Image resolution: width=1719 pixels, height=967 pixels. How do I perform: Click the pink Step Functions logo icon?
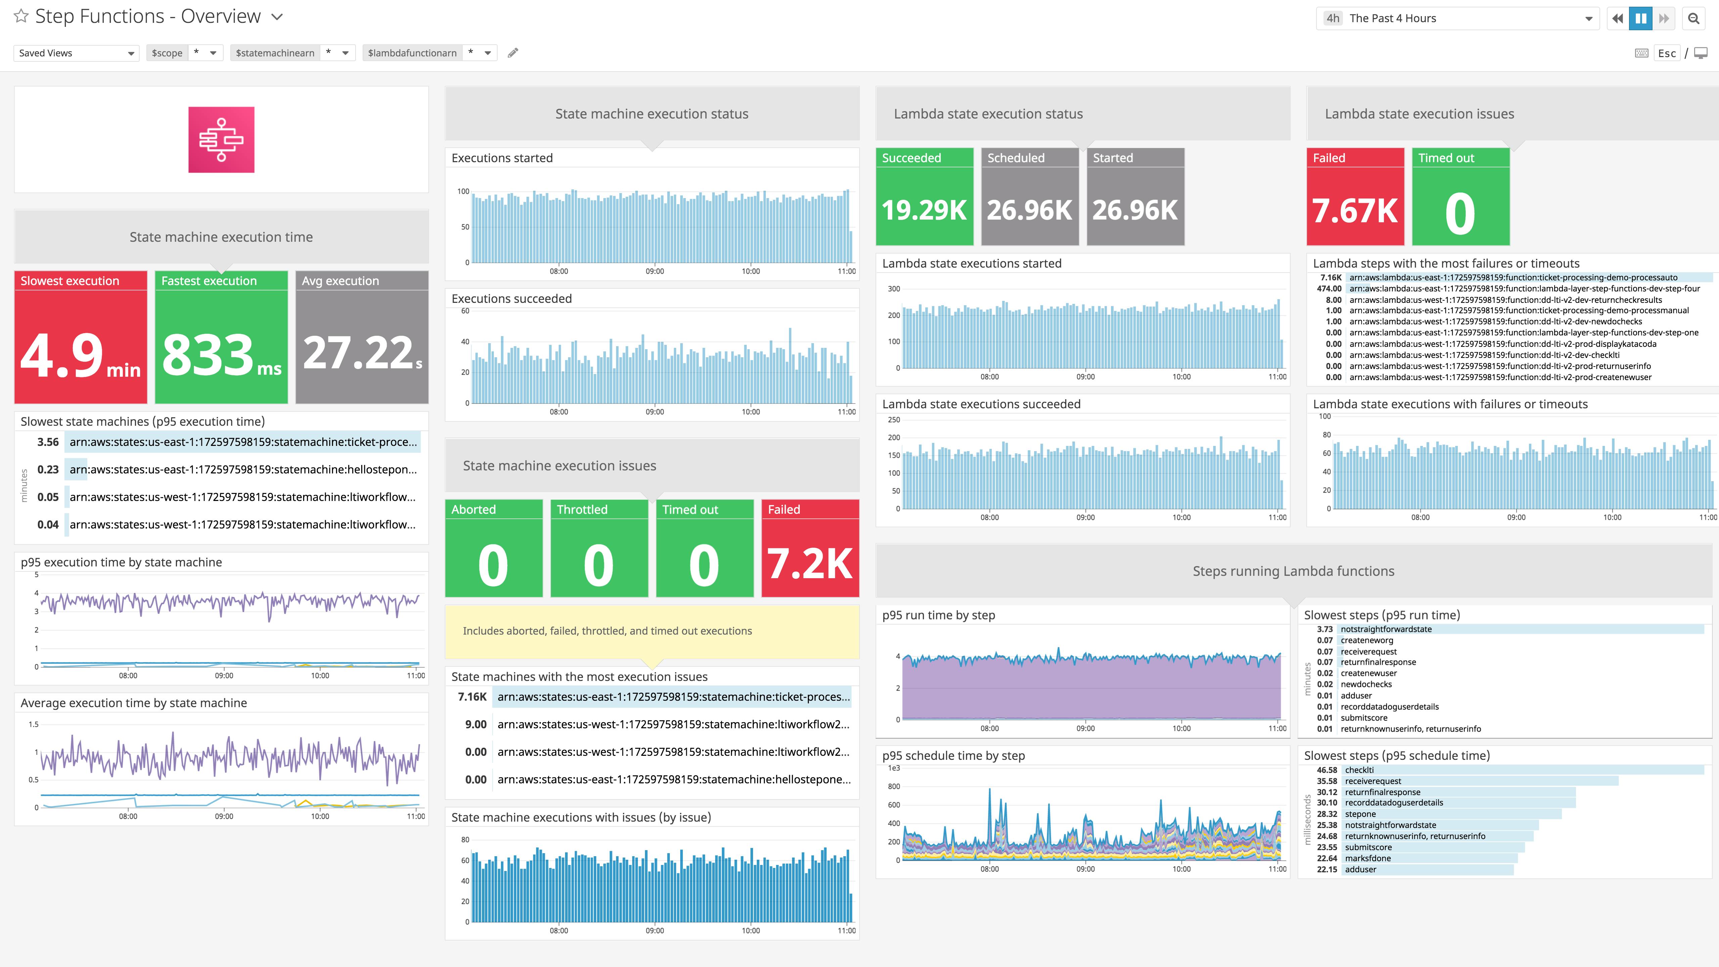[221, 139]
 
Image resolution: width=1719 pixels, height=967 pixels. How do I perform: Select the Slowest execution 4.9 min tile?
[81, 337]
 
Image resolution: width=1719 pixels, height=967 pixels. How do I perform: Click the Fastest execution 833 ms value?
[221, 354]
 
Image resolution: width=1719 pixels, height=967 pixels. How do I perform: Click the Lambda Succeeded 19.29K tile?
[924, 197]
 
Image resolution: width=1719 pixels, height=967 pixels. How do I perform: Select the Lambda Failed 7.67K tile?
[1355, 197]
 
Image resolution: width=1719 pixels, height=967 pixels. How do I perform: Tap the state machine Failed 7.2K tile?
[809, 549]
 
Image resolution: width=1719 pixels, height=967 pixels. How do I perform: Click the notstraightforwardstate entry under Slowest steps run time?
[1386, 629]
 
